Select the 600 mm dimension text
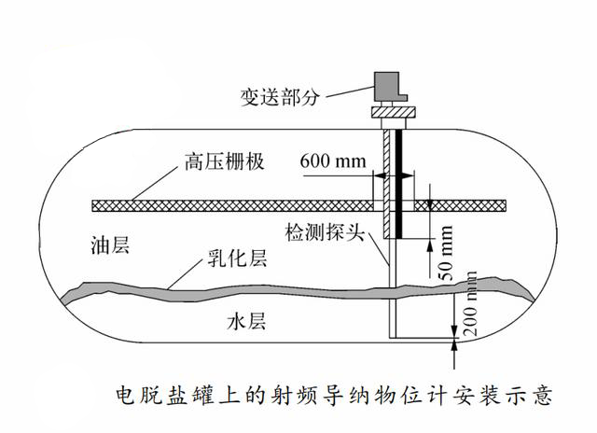332,161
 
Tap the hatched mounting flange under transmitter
393,115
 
